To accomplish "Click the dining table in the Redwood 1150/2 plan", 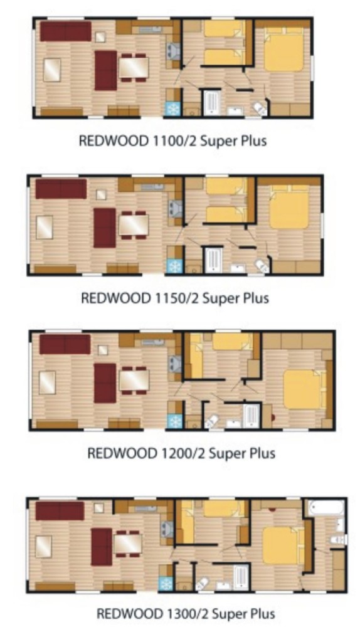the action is pyautogui.click(x=134, y=225).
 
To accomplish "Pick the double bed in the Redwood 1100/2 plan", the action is pyautogui.click(x=284, y=50).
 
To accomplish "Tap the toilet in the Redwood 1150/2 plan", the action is pyautogui.click(x=262, y=266).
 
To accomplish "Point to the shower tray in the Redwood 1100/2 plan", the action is pyautogui.click(x=212, y=102).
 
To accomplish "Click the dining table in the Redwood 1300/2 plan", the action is pyautogui.click(x=128, y=544).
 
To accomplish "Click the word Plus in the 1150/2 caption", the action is pyautogui.click(x=257, y=298).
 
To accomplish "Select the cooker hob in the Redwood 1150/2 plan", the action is pyautogui.click(x=175, y=209).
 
